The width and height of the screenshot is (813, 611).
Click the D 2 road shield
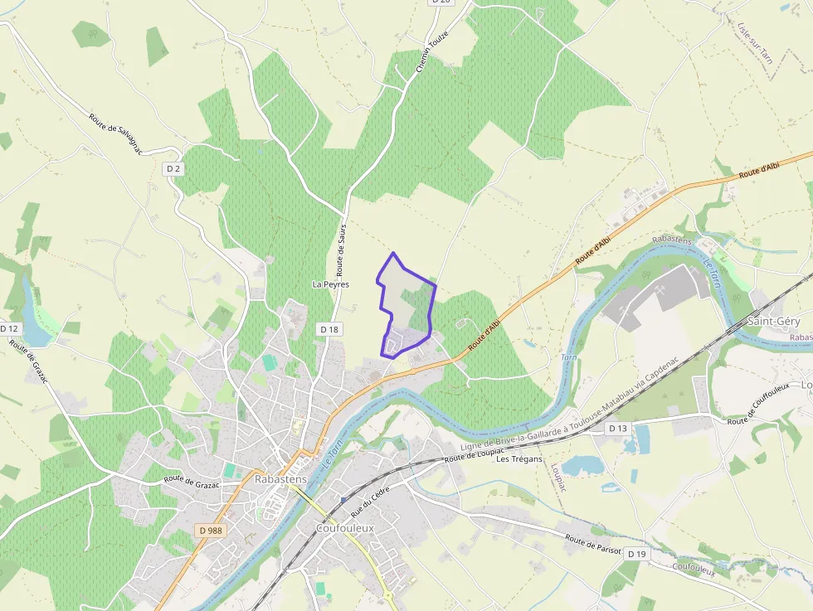[173, 169]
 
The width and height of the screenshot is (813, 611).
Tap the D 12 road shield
[9, 329]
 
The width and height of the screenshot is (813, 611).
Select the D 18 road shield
[329, 329]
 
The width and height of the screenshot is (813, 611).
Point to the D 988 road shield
[212, 530]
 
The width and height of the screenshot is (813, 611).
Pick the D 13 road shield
[617, 429]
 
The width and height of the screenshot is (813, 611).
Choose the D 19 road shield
[636, 553]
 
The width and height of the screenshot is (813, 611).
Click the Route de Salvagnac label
[115, 133]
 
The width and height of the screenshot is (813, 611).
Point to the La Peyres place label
[330, 284]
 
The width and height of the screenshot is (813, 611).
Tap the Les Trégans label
[518, 459]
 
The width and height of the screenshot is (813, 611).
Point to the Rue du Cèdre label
[370, 501]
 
